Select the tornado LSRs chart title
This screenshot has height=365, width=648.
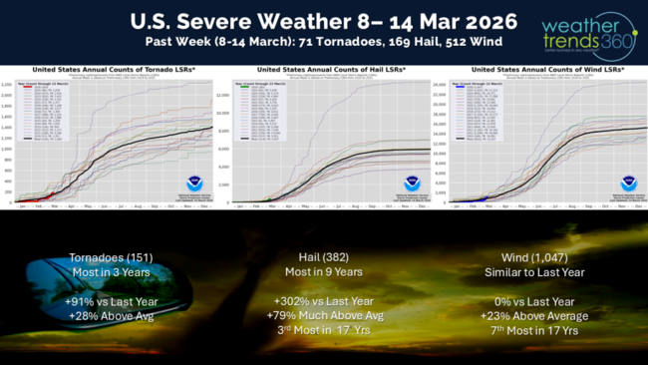click(107, 70)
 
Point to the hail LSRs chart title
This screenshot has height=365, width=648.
click(324, 70)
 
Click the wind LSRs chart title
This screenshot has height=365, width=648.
click(538, 70)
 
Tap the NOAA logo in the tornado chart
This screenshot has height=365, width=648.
click(195, 182)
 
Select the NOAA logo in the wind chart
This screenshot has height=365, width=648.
click(628, 182)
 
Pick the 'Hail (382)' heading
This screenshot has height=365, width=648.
click(324, 256)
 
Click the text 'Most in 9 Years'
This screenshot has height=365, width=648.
click(324, 271)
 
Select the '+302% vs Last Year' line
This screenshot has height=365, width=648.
click(324, 301)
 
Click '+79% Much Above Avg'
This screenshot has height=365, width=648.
click(324, 316)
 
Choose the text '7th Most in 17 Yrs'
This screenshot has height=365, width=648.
click(538, 331)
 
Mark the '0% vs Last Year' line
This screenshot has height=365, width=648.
click(538, 301)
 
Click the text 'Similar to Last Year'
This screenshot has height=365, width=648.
click(538, 271)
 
